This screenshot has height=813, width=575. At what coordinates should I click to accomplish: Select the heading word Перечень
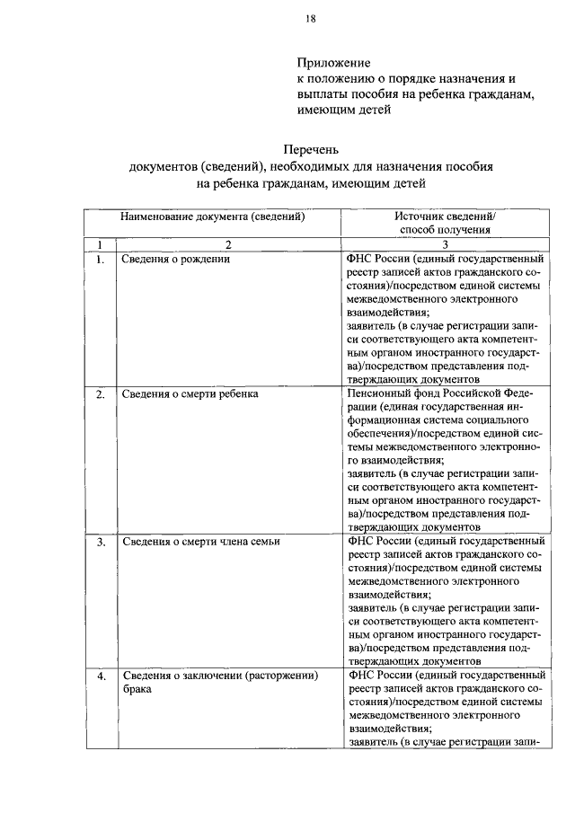(314, 149)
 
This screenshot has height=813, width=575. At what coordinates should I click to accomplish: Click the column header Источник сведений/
(445, 217)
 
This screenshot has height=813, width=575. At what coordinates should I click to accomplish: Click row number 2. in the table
(101, 393)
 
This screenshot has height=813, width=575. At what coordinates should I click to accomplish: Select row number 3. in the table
(101, 542)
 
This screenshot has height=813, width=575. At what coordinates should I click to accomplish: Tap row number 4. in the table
(101, 676)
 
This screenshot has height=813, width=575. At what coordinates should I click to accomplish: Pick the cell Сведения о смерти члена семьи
(201, 542)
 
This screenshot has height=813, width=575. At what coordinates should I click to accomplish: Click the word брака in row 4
(137, 689)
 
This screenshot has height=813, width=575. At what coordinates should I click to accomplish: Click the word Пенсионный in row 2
(377, 393)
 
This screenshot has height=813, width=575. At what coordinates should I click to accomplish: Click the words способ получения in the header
(444, 230)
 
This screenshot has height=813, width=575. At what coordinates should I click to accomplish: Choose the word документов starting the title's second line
(163, 166)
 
